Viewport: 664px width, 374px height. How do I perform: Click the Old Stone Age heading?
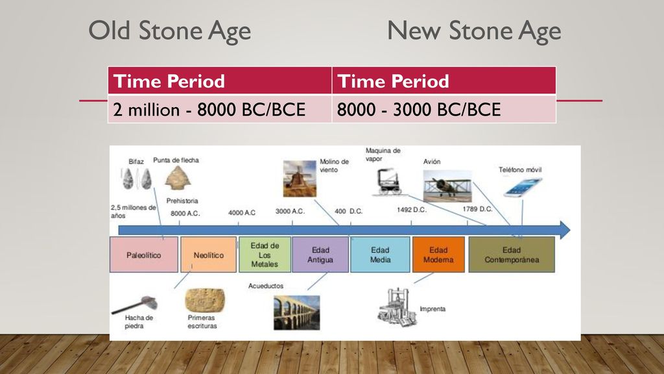tap(169, 31)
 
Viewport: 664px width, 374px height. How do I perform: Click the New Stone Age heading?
tap(474, 31)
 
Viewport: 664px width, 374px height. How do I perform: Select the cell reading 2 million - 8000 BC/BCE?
tap(220, 109)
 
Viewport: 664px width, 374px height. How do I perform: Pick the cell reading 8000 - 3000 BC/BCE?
tap(444, 109)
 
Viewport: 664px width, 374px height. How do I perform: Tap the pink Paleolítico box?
tap(144, 255)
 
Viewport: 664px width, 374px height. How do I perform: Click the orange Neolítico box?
tap(208, 255)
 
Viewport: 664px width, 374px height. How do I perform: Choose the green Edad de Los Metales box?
tap(265, 255)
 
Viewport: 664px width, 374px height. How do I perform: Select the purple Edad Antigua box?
tap(320, 255)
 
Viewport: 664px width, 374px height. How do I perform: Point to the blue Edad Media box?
tap(380, 255)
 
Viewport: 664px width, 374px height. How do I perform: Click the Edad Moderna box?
tap(438, 255)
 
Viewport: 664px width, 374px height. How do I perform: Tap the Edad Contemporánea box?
tap(512, 255)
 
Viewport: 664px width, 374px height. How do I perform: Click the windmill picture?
tap(300, 179)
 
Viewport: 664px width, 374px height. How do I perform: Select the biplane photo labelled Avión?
tap(447, 186)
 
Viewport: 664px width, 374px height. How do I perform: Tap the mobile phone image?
tap(523, 188)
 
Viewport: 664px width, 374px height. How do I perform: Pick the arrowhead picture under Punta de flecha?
tap(178, 178)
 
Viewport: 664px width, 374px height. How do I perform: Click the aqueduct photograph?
tap(297, 313)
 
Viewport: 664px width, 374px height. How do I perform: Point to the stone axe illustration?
tap(135, 305)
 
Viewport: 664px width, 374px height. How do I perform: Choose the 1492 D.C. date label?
tap(412, 210)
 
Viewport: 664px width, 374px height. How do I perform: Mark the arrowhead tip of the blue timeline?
tap(570, 231)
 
